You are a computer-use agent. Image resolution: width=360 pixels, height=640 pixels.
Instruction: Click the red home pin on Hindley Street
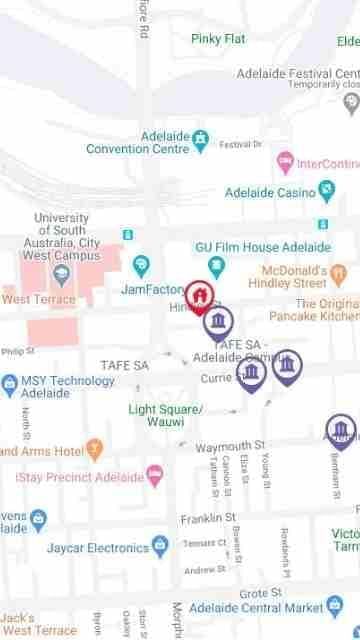[x=201, y=296]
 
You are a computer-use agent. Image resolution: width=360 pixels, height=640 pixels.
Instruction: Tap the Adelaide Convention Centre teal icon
[x=200, y=137]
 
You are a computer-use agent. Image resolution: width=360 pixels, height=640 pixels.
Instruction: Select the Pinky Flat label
[x=218, y=39]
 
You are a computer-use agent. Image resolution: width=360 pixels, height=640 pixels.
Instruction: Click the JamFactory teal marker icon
[x=141, y=264]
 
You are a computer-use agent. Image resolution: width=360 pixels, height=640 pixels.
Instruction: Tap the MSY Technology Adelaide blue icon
[x=10, y=381]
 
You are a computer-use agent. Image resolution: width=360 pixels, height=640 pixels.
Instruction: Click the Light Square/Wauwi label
[x=166, y=415]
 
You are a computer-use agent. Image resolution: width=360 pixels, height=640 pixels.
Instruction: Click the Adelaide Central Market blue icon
[x=334, y=607]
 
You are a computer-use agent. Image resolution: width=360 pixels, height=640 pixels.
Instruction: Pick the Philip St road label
[x=18, y=352]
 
